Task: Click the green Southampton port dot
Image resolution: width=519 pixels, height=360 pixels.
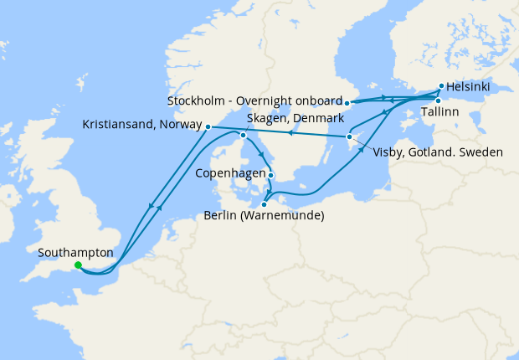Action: pyautogui.click(x=78, y=265)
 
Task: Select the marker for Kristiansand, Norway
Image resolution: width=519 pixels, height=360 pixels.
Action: pyautogui.click(x=208, y=127)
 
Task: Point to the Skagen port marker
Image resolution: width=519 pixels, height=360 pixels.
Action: pyautogui.click(x=243, y=135)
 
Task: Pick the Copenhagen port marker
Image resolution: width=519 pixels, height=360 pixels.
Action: pyautogui.click(x=270, y=175)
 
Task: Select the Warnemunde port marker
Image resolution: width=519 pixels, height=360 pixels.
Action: pyautogui.click(x=264, y=203)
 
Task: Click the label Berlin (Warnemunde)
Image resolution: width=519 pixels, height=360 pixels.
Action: pyautogui.click(x=264, y=216)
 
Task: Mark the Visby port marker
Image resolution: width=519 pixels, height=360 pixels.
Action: pyautogui.click(x=349, y=136)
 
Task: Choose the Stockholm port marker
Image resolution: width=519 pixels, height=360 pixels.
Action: pyautogui.click(x=347, y=103)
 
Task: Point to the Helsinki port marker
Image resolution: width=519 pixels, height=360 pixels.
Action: pyautogui.click(x=441, y=85)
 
